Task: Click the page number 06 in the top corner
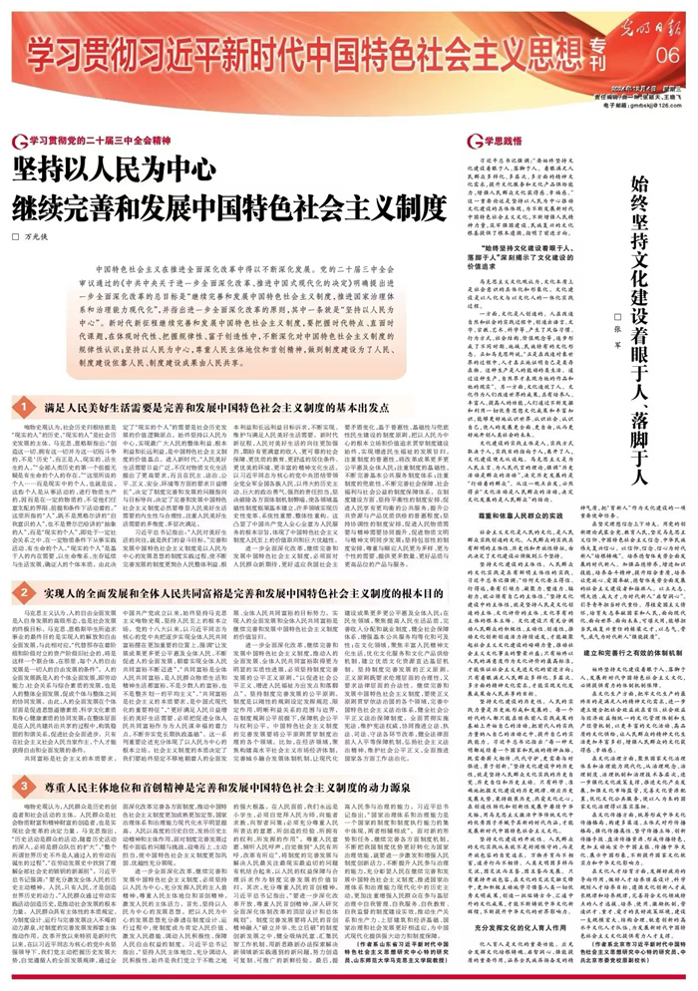pyautogui.click(x=667, y=54)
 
